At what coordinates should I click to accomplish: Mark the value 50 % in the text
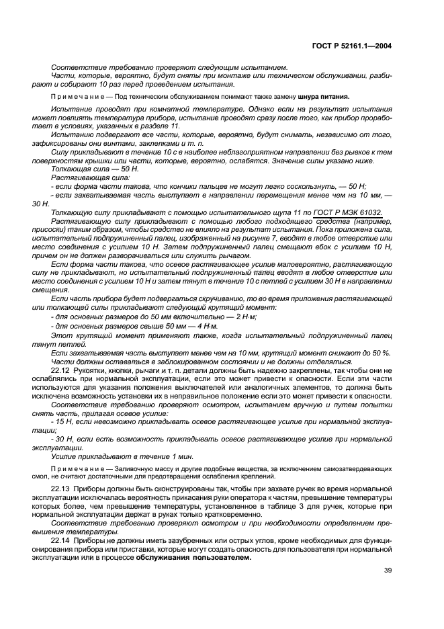380,352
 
